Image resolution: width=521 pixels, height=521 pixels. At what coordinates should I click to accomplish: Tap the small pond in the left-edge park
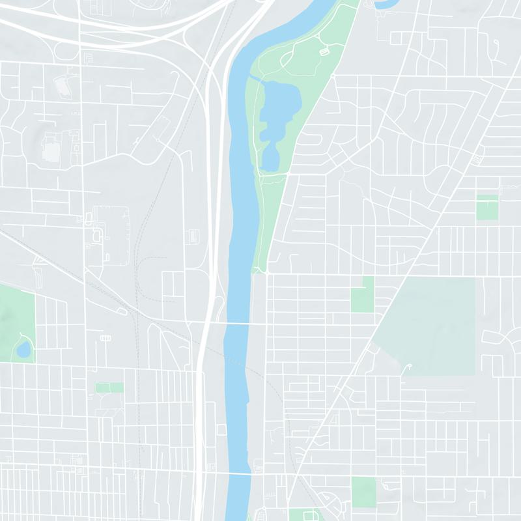(x=24, y=350)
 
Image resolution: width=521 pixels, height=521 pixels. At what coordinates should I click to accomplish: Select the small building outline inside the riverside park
(x=324, y=51)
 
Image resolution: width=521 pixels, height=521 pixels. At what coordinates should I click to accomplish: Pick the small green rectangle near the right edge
(x=486, y=207)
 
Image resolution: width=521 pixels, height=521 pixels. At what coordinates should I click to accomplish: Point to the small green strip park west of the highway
(x=109, y=387)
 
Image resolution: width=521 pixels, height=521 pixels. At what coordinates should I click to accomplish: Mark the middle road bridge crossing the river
(x=240, y=323)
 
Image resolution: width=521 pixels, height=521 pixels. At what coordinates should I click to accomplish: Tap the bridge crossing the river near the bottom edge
(x=240, y=474)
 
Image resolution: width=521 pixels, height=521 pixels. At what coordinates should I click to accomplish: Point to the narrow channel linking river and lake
(x=255, y=78)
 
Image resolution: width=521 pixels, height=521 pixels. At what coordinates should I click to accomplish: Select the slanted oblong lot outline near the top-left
(x=63, y=85)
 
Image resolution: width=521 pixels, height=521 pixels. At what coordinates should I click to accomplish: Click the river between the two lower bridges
(x=238, y=397)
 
